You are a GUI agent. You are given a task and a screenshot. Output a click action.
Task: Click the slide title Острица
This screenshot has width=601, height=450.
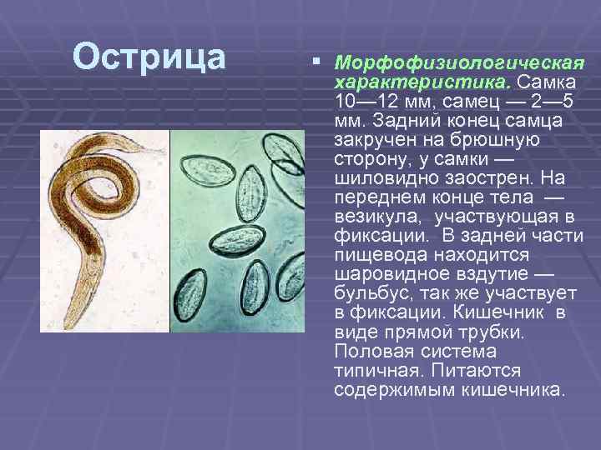coord(149,57)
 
